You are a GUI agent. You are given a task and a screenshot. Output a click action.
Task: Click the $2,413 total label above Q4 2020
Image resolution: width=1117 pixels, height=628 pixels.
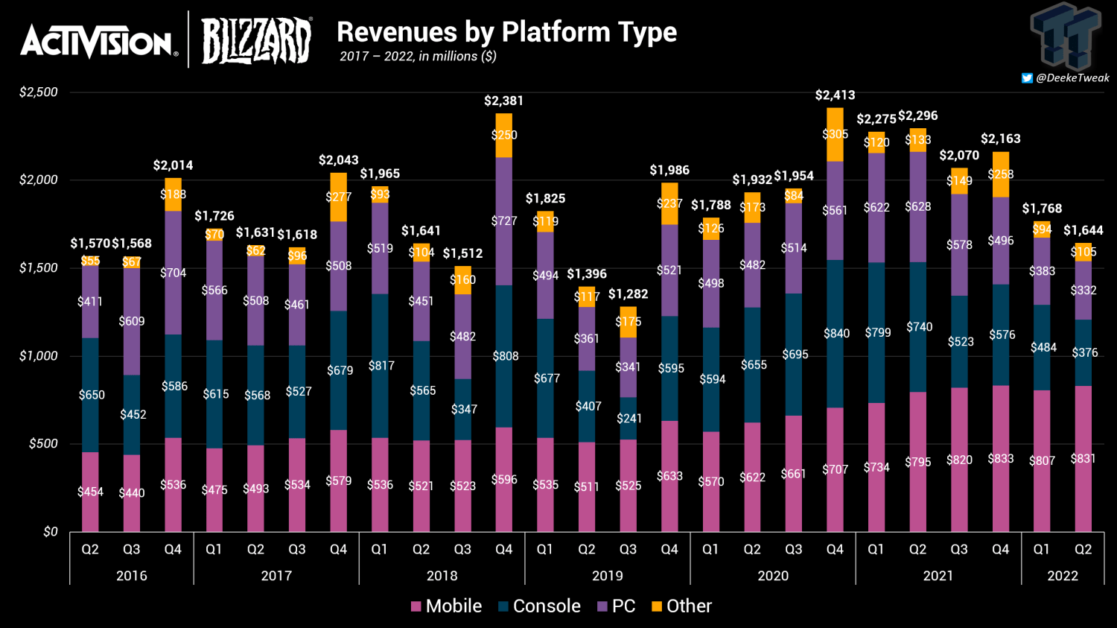click(x=835, y=95)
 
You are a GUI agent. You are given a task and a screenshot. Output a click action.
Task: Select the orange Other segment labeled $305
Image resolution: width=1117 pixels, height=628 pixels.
click(x=835, y=135)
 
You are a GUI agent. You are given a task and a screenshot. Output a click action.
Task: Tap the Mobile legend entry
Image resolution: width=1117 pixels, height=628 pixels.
click(x=446, y=606)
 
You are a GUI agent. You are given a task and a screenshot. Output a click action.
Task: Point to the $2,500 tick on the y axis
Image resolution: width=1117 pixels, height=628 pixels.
click(x=39, y=92)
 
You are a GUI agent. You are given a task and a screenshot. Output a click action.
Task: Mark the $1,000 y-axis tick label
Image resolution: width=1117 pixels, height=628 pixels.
click(x=39, y=356)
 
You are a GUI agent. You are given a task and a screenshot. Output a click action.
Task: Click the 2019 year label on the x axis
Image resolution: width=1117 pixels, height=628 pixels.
click(x=607, y=576)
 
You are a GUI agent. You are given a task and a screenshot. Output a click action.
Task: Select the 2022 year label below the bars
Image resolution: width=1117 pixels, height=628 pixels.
click(x=1063, y=576)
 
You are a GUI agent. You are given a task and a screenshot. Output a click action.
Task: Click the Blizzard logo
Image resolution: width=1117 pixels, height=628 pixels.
click(x=256, y=41)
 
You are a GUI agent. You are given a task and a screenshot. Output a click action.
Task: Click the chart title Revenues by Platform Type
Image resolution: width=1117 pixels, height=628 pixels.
click(x=506, y=32)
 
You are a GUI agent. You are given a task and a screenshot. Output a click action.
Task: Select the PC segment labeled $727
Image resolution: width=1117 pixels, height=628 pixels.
click(x=504, y=221)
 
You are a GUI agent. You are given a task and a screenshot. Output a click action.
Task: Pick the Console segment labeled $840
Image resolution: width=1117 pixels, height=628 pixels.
click(x=835, y=334)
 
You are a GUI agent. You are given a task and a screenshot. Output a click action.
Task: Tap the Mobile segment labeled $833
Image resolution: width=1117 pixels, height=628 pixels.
click(x=1001, y=459)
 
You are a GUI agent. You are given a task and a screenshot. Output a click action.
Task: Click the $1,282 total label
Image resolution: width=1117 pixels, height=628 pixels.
click(x=628, y=294)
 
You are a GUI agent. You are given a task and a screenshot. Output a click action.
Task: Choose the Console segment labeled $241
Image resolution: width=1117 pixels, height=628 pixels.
click(x=628, y=418)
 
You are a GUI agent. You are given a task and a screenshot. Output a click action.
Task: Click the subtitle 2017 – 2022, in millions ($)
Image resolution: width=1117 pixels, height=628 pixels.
click(x=418, y=57)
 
